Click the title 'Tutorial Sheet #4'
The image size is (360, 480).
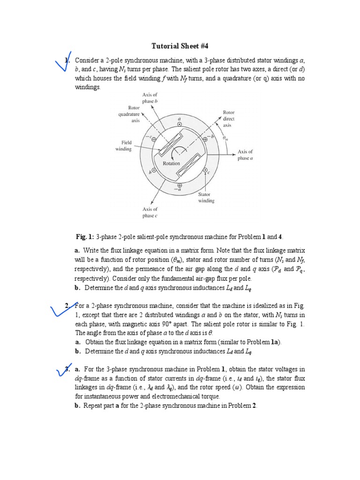tap(180, 46)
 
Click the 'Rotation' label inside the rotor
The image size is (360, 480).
tap(171, 164)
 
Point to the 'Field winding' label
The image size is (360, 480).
tap(124, 145)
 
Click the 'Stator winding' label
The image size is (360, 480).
tap(206, 197)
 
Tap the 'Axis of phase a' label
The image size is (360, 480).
tap(245, 155)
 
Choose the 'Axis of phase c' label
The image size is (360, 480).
tap(150, 212)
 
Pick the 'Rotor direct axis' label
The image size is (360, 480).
tap(229, 119)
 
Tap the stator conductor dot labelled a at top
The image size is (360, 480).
tap(179, 125)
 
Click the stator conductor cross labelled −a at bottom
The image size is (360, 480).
tap(180, 186)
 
